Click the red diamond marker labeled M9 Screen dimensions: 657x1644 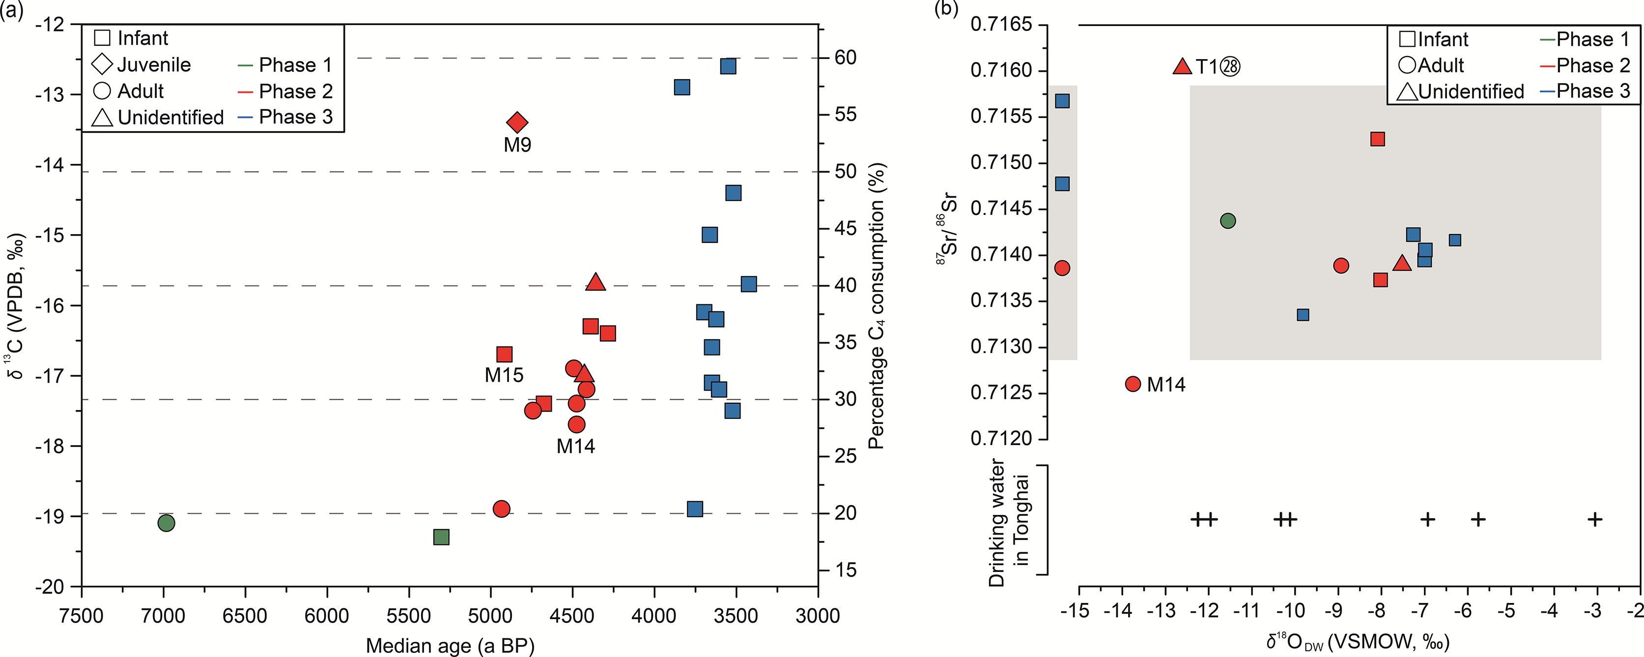pos(517,122)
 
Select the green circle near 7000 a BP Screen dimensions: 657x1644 pos(166,523)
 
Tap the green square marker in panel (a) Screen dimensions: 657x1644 pos(441,537)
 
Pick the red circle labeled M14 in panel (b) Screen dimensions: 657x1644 pos(1133,384)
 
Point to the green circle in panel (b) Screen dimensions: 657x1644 pos(1228,221)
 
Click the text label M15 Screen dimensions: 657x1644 pos(504,375)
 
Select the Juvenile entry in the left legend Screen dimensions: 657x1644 pos(153,64)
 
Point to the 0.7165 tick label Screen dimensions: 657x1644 pos(999,25)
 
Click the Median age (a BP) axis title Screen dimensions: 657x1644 pos(450,646)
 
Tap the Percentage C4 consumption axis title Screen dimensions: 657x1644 pos(877,305)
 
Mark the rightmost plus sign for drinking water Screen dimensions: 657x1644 pos(1595,519)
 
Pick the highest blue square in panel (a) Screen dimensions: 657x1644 pos(728,66)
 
